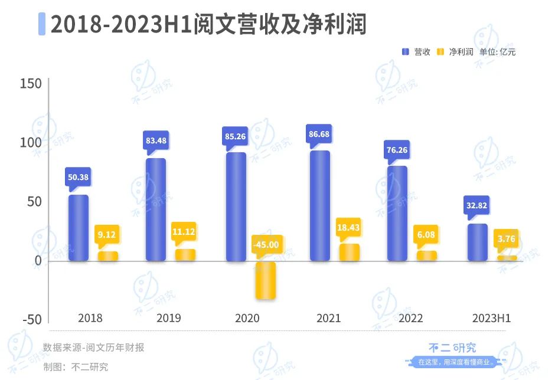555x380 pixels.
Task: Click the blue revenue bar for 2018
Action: (79, 228)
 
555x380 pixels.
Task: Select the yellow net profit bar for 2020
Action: (265, 280)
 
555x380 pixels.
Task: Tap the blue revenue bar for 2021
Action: (319, 206)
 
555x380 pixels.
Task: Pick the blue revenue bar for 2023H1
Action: (478, 243)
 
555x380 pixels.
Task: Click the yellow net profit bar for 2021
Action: (349, 253)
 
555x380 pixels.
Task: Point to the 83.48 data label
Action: (156, 140)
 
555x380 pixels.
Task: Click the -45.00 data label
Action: (267, 244)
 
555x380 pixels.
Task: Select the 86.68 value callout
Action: (319, 134)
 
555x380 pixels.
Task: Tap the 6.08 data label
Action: (426, 234)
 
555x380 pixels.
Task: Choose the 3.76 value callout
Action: (506, 238)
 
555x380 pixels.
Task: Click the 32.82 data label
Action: (477, 207)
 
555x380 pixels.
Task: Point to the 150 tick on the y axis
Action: (31, 84)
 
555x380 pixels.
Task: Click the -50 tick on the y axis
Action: (31, 319)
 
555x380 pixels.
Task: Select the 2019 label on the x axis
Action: (169, 318)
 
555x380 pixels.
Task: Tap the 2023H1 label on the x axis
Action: (491, 318)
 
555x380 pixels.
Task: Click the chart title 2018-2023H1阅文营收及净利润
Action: (208, 25)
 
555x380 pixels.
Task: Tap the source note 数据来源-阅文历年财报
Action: (93, 348)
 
